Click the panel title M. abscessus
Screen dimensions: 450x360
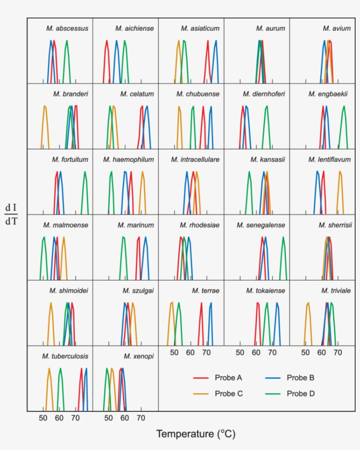point(67,29)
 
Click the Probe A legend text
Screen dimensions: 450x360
point(228,378)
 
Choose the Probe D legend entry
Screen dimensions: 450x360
point(300,393)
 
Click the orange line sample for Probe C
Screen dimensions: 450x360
point(200,393)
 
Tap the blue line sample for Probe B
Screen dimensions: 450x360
point(273,378)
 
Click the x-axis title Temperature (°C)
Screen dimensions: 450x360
point(196,434)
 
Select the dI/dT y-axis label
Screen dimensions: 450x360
point(11,214)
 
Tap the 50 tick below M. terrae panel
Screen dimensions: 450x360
point(174,352)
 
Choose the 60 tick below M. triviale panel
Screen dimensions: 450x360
point(322,352)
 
